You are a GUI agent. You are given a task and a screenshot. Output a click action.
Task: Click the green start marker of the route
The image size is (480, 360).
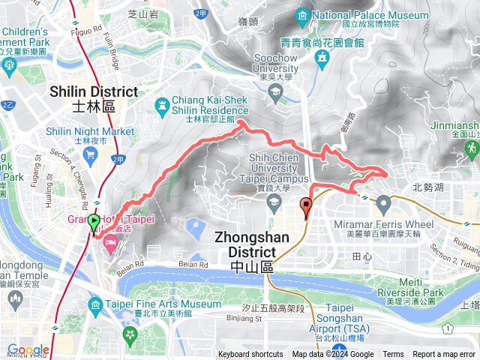point(94,223)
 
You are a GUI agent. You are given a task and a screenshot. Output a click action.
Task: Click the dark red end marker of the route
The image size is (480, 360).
point(306,205)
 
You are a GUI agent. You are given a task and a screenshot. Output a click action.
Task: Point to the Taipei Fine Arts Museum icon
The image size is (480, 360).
point(95,305)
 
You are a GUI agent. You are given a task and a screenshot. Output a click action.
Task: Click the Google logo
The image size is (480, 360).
point(28,350)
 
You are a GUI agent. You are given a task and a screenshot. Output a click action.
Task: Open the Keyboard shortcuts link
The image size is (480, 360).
point(250,355)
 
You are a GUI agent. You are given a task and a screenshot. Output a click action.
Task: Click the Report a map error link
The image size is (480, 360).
point(445,355)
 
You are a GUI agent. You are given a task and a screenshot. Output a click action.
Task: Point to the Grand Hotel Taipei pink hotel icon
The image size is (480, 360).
point(109,240)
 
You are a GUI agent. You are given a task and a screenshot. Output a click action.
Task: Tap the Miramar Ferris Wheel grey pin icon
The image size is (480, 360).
point(383,202)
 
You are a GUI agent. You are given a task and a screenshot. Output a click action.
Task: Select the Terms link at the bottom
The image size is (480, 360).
point(393,355)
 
